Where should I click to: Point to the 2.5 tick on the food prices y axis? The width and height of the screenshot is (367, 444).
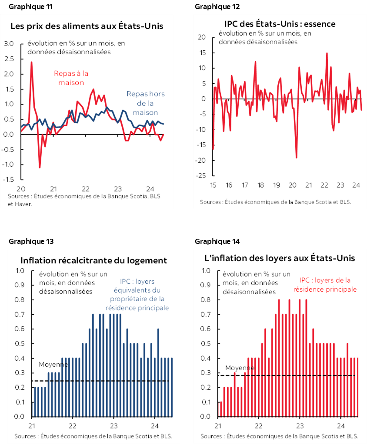click(9, 59)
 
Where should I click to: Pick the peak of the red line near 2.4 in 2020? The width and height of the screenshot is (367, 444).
click(31, 62)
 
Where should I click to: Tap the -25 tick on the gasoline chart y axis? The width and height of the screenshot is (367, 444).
click(201, 176)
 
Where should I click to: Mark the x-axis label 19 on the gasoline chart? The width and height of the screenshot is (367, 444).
click(276, 185)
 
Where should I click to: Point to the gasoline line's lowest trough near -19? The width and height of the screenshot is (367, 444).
click(297, 158)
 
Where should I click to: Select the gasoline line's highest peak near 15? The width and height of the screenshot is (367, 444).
click(327, 53)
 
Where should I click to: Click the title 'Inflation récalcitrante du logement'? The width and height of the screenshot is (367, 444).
click(94, 260)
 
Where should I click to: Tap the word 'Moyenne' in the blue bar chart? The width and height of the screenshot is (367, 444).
click(53, 365)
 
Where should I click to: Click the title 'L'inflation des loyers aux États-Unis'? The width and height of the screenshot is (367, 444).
click(280, 258)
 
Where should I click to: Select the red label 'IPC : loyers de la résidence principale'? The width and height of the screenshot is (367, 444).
click(325, 285)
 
